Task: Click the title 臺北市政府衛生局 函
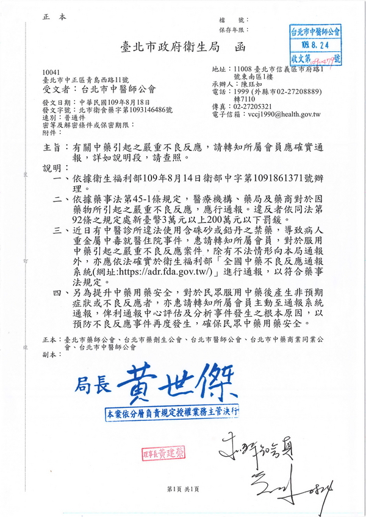point(184,47)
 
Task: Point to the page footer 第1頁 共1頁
point(183,489)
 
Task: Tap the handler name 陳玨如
point(245,85)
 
